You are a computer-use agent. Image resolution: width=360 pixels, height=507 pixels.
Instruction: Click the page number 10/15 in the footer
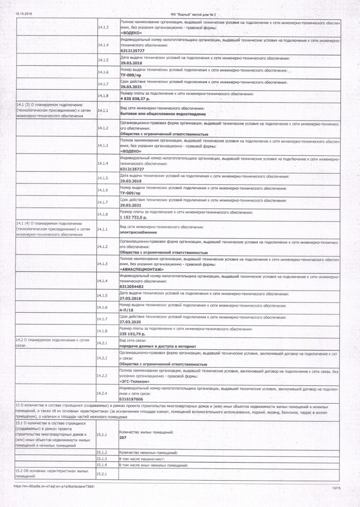point(337,489)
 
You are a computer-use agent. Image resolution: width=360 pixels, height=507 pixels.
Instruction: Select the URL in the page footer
point(55,486)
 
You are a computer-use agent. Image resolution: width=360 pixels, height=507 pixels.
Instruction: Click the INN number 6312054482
point(132,286)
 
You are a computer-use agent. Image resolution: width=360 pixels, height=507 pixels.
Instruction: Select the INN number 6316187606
point(131,399)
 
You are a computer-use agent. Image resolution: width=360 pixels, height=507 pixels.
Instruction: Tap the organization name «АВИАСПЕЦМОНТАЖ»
point(142,269)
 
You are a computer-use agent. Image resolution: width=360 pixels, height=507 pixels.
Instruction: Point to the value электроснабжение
point(138,232)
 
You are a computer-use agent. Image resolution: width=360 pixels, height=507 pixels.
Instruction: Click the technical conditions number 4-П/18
point(126,310)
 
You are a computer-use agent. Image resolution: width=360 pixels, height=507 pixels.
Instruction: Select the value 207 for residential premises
point(123,437)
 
